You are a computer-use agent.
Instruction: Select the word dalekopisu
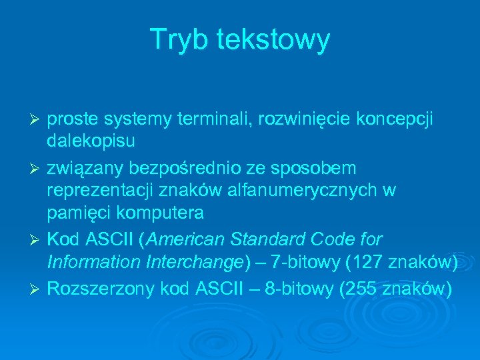(x=91, y=142)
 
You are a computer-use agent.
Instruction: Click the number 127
(x=369, y=264)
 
